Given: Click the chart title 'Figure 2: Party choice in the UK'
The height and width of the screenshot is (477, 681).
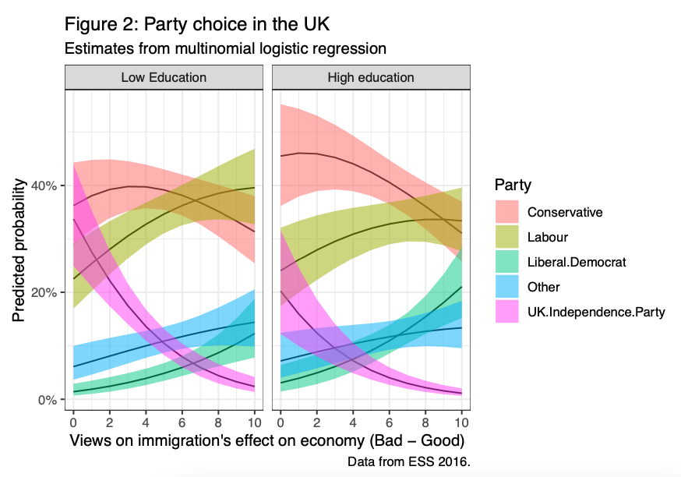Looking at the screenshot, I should [x=203, y=24].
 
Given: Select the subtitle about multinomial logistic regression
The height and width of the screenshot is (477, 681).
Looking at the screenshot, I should [x=225, y=48].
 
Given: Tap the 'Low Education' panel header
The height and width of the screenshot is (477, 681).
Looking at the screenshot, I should [x=164, y=77].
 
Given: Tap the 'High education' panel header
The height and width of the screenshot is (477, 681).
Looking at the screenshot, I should [x=371, y=77].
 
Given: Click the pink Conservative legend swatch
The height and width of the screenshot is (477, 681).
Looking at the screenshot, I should [x=507, y=211].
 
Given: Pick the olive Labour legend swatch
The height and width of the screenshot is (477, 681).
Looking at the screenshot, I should [x=507, y=237].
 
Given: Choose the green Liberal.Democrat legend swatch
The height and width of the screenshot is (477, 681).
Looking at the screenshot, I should [x=507, y=262].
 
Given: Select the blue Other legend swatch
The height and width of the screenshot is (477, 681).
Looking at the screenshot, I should [x=507, y=287].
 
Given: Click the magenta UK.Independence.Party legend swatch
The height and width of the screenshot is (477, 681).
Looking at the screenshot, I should [x=507, y=313].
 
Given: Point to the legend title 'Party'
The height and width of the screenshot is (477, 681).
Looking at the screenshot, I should [x=513, y=185].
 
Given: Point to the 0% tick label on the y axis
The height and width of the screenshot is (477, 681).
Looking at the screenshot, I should [x=49, y=400].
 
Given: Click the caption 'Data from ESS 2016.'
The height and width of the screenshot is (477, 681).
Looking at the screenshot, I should [x=410, y=462].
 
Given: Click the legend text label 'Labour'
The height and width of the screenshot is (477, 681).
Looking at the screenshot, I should [x=548, y=237].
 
